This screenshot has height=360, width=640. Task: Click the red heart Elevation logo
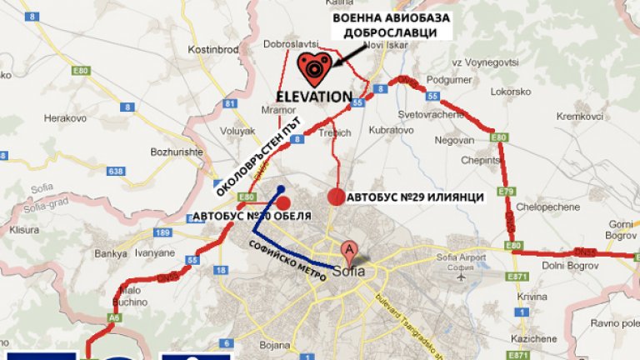(315, 67)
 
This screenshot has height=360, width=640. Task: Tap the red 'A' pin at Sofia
(351, 249)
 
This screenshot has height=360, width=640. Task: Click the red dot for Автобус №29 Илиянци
(336, 197)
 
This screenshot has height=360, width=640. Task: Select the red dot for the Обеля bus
(283, 202)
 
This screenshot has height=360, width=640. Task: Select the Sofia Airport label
(461, 259)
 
